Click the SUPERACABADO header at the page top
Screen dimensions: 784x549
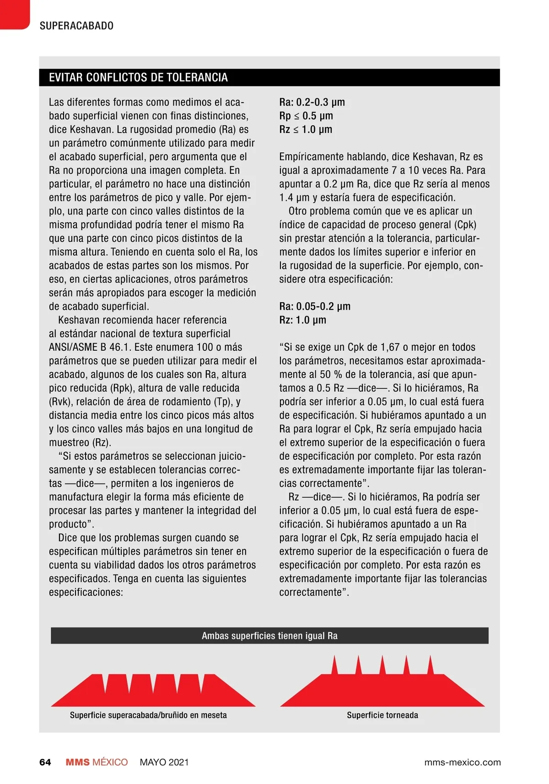(76, 26)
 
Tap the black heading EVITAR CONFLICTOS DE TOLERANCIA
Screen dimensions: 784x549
(138, 77)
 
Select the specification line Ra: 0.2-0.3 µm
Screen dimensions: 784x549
(312, 102)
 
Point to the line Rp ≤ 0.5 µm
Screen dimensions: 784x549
(306, 116)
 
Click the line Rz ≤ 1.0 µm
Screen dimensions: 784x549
(306, 129)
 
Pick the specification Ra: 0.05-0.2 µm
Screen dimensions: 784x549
(315, 306)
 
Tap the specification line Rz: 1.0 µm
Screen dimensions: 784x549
(303, 320)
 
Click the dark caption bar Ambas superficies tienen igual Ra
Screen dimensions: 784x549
(269, 636)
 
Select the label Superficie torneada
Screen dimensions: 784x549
(382, 715)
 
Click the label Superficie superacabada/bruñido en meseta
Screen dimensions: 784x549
(148, 715)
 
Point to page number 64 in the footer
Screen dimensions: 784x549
(45, 762)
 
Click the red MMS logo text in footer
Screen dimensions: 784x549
(78, 762)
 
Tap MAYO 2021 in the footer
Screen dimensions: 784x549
(164, 762)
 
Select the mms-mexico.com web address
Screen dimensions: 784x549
(463, 762)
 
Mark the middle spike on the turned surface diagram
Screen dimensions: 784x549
(382, 665)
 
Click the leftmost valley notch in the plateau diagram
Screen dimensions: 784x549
(106, 683)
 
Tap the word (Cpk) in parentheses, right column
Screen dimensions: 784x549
(465, 225)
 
